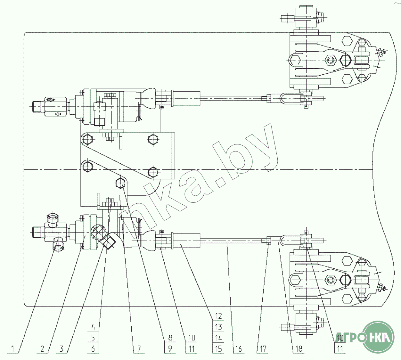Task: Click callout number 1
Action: (13, 348)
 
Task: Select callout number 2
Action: (42, 348)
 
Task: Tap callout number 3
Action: (62, 348)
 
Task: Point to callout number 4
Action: (93, 327)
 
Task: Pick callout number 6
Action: (93, 348)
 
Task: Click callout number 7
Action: (139, 348)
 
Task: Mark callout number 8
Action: (170, 338)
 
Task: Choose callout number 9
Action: (170, 348)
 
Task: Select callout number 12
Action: (218, 316)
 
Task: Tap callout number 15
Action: (218, 348)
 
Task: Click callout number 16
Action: (239, 348)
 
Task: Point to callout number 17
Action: (263, 348)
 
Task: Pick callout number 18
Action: (299, 348)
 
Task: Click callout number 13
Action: (218, 327)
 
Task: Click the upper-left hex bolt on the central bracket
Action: (87, 140)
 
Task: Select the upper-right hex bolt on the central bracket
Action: (153, 140)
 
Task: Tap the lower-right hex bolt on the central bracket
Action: (153, 173)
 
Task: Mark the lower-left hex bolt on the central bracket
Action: (87, 167)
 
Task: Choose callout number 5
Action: (93, 338)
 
